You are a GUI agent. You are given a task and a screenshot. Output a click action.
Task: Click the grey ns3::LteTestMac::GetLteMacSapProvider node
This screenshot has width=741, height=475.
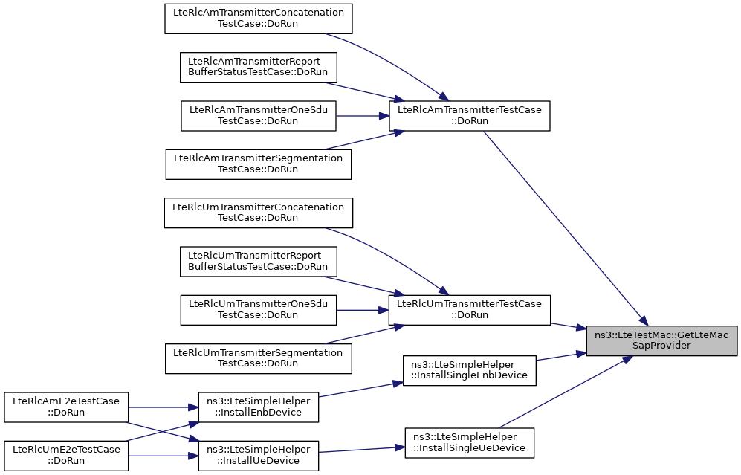click(661, 340)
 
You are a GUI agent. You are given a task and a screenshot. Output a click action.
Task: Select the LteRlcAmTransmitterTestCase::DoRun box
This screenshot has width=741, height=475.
click(469, 116)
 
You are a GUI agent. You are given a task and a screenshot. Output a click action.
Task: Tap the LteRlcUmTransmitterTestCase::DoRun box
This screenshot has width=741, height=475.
click(469, 310)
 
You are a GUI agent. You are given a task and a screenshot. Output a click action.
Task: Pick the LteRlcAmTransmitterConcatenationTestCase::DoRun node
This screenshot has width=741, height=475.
click(259, 19)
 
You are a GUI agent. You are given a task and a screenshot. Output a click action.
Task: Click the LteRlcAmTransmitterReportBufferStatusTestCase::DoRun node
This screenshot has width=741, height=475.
click(259, 67)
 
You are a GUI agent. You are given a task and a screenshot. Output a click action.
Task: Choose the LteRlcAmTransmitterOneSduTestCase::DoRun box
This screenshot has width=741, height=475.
click(259, 116)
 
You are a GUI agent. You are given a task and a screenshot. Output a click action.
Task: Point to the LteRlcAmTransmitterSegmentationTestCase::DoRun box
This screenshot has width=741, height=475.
click(259, 164)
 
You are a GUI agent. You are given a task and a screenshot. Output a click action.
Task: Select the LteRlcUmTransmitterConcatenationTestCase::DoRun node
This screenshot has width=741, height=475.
click(259, 213)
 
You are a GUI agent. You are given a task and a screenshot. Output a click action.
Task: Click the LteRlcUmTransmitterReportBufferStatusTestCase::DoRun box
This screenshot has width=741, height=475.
click(259, 262)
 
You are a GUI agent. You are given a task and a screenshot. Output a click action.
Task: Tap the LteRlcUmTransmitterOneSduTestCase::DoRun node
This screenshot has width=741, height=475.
click(259, 310)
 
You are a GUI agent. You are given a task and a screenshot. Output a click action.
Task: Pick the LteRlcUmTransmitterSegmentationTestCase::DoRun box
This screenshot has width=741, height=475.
click(259, 359)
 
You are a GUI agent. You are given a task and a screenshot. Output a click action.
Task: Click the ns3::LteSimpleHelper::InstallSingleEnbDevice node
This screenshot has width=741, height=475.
click(469, 370)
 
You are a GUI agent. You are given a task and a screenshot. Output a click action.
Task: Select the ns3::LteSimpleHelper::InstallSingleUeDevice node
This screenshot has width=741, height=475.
click(469, 443)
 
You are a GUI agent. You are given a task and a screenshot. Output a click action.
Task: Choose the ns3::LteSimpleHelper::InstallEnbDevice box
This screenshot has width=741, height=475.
click(259, 407)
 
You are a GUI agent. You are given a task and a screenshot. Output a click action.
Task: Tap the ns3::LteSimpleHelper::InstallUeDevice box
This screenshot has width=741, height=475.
click(259, 456)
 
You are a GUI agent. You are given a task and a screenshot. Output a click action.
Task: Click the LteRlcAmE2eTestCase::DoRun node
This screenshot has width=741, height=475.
click(66, 407)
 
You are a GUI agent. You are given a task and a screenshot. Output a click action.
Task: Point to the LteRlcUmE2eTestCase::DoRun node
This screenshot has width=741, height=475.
click(66, 456)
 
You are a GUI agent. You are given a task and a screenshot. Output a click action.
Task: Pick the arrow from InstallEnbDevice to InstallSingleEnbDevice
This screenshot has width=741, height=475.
click(360, 390)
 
